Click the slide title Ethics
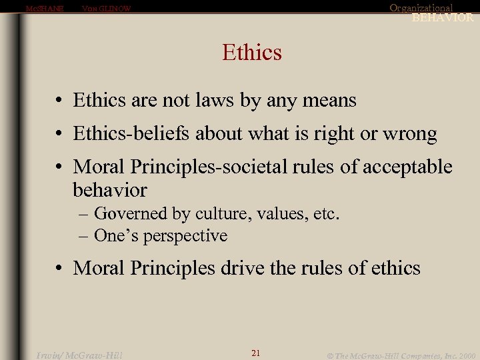(x=252, y=52)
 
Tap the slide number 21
(x=255, y=353)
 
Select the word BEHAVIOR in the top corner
(x=443, y=18)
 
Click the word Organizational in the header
(x=421, y=8)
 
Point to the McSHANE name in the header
(x=44, y=9)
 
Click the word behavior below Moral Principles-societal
(x=110, y=190)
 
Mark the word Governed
(x=131, y=214)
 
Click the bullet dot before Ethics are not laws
(x=60, y=101)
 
